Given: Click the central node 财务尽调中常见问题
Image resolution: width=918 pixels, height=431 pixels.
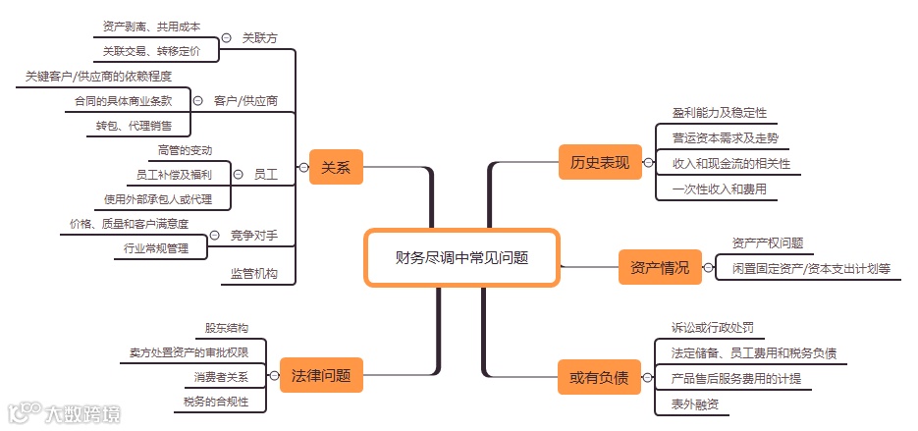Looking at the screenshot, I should tap(461, 258).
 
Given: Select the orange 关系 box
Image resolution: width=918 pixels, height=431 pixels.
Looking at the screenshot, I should tap(336, 168).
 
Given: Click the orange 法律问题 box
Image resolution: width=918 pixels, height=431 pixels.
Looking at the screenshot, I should tap(321, 374).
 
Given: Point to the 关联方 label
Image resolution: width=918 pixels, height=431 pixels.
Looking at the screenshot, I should tap(260, 37).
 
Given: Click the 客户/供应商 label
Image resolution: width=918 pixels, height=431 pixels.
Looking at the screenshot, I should tap(245, 100).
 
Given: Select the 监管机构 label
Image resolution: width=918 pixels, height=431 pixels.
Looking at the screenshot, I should tap(254, 274).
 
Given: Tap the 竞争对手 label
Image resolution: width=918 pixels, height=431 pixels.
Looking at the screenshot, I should tap(254, 236).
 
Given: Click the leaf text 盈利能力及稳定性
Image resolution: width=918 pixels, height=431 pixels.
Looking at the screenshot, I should tap(719, 113).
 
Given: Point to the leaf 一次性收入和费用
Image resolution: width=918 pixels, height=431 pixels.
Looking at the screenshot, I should tap(719, 189).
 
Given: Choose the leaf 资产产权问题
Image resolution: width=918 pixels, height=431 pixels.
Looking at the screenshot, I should tap(768, 242).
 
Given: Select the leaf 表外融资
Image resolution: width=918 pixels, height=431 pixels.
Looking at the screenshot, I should tap(695, 404).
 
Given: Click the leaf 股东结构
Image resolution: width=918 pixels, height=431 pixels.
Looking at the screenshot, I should tap(226, 328).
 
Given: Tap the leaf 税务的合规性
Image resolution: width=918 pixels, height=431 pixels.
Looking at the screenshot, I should tap(215, 402).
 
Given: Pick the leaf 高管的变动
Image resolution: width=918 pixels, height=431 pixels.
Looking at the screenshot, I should tap(185, 150).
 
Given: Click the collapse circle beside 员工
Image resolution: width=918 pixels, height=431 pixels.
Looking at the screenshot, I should tap(238, 175).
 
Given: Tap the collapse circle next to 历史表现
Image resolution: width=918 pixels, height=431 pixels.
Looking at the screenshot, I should tap(648, 163).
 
